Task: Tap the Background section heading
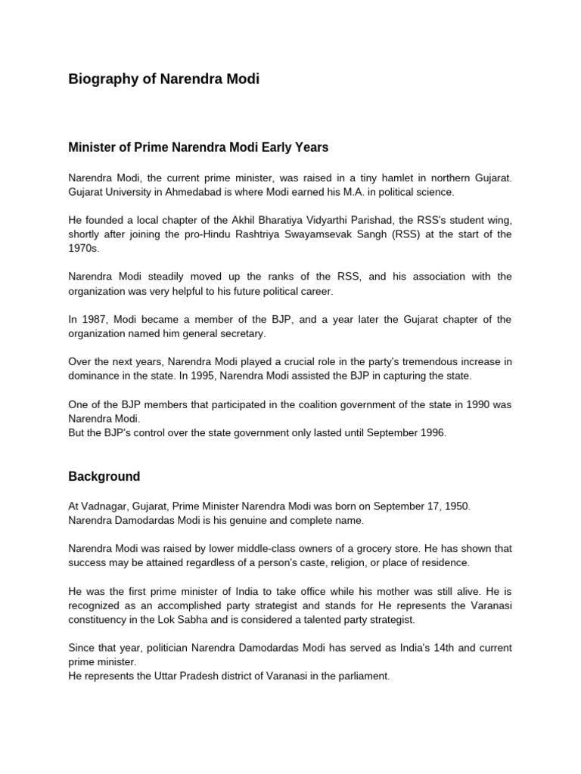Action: tap(104, 476)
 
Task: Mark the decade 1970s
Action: tap(83, 248)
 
